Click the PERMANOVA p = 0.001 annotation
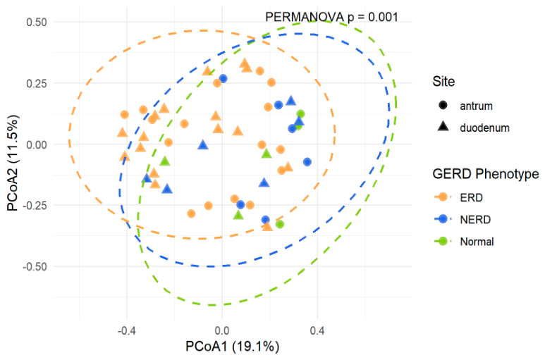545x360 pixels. (x=331, y=16)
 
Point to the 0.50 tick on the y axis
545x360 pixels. (x=36, y=23)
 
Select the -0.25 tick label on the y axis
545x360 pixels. (x=34, y=206)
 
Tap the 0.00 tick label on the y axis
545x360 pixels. (x=36, y=144)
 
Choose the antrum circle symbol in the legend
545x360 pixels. (x=443, y=106)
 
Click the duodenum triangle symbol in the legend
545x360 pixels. (x=443, y=128)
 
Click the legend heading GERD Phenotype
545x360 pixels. (x=486, y=173)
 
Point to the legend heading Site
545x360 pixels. (x=444, y=82)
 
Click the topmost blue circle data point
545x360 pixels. (x=223, y=79)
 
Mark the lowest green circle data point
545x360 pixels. (x=280, y=224)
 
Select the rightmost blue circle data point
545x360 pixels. (x=307, y=162)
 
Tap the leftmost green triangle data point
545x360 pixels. (x=164, y=161)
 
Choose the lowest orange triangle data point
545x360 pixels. (x=267, y=225)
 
